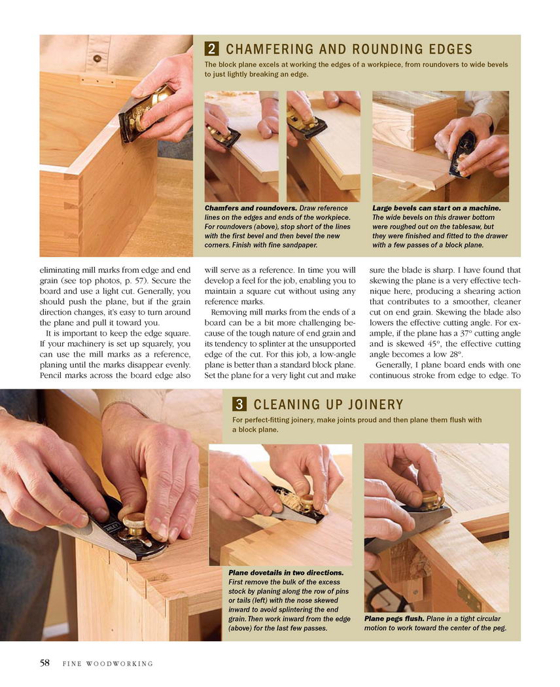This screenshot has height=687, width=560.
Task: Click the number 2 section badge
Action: pyautogui.click(x=211, y=48)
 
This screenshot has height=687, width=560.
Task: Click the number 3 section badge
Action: pyautogui.click(x=239, y=404)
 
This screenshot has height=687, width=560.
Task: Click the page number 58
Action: pyautogui.click(x=44, y=663)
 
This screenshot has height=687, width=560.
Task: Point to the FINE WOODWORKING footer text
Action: pyautogui.click(x=108, y=664)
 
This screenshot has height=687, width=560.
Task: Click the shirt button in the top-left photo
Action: pyautogui.click(x=97, y=58)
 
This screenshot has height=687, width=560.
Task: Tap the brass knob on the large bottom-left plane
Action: pyautogui.click(x=134, y=521)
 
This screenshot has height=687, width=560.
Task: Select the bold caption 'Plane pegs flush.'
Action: pyautogui.click(x=394, y=619)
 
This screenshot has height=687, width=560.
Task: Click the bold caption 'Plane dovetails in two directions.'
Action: pyautogui.click(x=286, y=572)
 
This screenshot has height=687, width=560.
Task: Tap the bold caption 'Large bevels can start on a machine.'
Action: pyautogui.click(x=436, y=208)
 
